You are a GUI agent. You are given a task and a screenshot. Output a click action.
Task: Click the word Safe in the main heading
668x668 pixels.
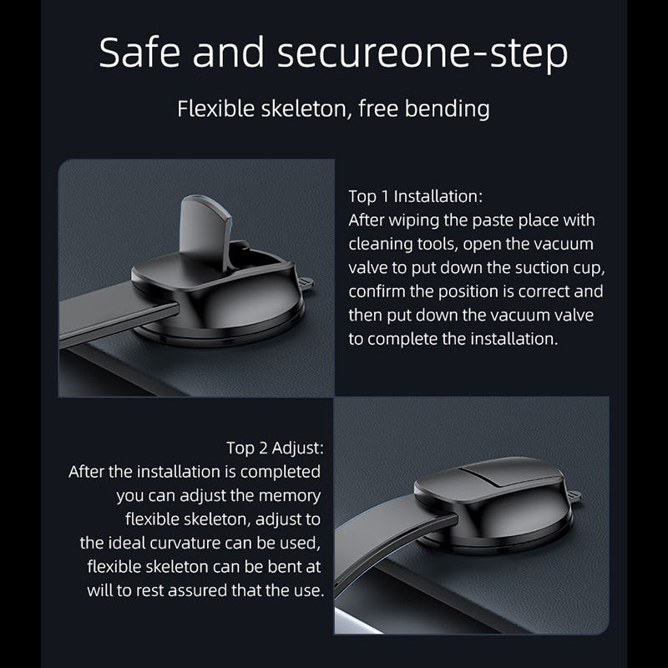point(139,52)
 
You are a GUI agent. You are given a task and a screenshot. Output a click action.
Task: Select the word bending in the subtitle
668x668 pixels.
point(447,109)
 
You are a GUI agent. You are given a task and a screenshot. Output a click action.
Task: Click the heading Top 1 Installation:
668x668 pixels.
point(415,196)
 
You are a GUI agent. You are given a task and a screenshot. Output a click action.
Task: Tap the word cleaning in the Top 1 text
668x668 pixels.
point(380,245)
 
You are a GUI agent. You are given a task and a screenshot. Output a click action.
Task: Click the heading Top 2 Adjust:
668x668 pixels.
point(275,448)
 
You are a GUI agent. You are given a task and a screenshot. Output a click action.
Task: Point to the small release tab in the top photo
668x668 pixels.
point(306,283)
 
